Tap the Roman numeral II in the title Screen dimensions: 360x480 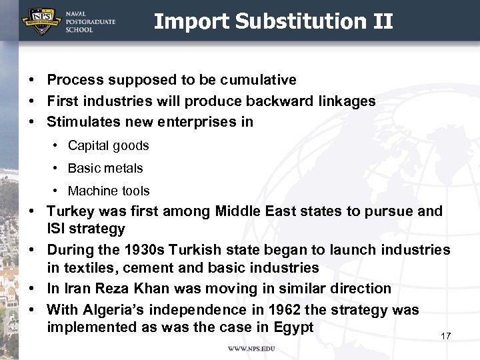click(382, 21)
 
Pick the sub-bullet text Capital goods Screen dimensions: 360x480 click(108, 145)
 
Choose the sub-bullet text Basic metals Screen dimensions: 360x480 click(105, 168)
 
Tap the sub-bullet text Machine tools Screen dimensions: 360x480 click(109, 191)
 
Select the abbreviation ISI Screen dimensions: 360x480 click(57, 229)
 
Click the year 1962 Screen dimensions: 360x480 click(269, 310)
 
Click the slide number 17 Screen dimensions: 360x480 click(446, 336)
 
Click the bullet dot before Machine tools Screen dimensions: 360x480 click(54, 191)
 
